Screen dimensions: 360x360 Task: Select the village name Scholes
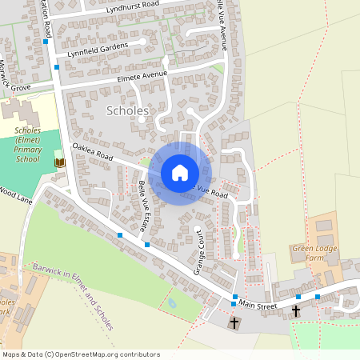(x=126, y=111)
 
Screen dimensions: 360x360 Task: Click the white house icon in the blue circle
(x=179, y=173)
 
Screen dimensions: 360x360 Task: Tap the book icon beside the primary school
(x=58, y=162)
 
